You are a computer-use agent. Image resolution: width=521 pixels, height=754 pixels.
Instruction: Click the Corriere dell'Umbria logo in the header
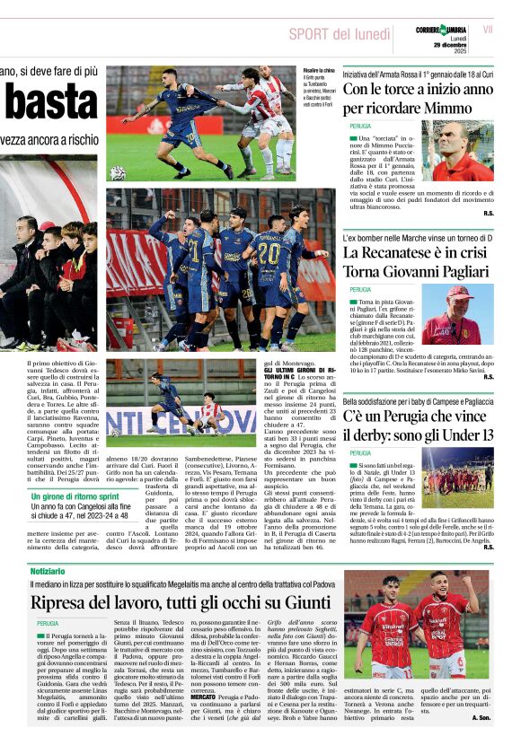[x=441, y=31]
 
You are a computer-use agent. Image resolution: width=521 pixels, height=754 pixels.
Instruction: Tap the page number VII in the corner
[x=488, y=30]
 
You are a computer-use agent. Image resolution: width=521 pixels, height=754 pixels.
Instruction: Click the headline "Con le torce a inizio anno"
[x=418, y=90]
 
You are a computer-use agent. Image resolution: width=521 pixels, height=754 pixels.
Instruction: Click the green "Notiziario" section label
[x=48, y=571]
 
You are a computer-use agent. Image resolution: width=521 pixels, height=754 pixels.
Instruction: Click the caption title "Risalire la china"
[x=319, y=70]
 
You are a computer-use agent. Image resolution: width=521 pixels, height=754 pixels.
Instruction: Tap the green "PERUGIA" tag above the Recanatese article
[x=360, y=289]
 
